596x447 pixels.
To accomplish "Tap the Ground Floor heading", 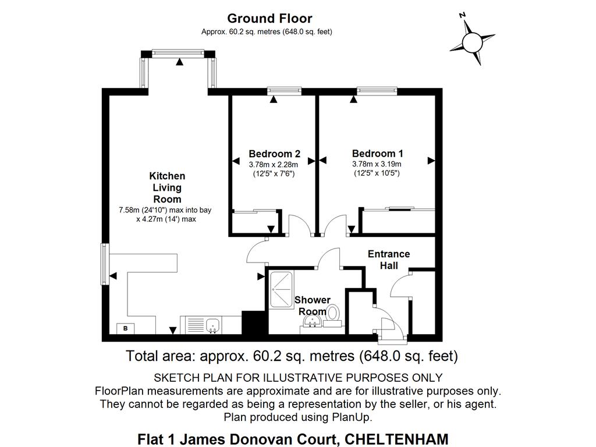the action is click(269, 19).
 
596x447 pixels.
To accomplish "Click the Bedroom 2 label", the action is click(274, 154).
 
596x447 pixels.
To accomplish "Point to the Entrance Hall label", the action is click(388, 260).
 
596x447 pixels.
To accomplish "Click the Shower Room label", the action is click(313, 306).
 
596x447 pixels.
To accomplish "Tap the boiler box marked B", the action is click(125, 329).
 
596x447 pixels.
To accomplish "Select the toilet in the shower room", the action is click(334, 313).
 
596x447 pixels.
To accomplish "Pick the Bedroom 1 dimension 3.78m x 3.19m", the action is click(377, 164).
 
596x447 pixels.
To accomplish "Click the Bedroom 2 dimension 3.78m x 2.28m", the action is click(274, 164).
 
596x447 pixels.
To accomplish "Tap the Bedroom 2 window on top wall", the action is click(285, 90).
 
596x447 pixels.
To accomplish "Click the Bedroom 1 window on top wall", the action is click(377, 90).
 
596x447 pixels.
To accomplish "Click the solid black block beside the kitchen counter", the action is click(253, 322).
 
